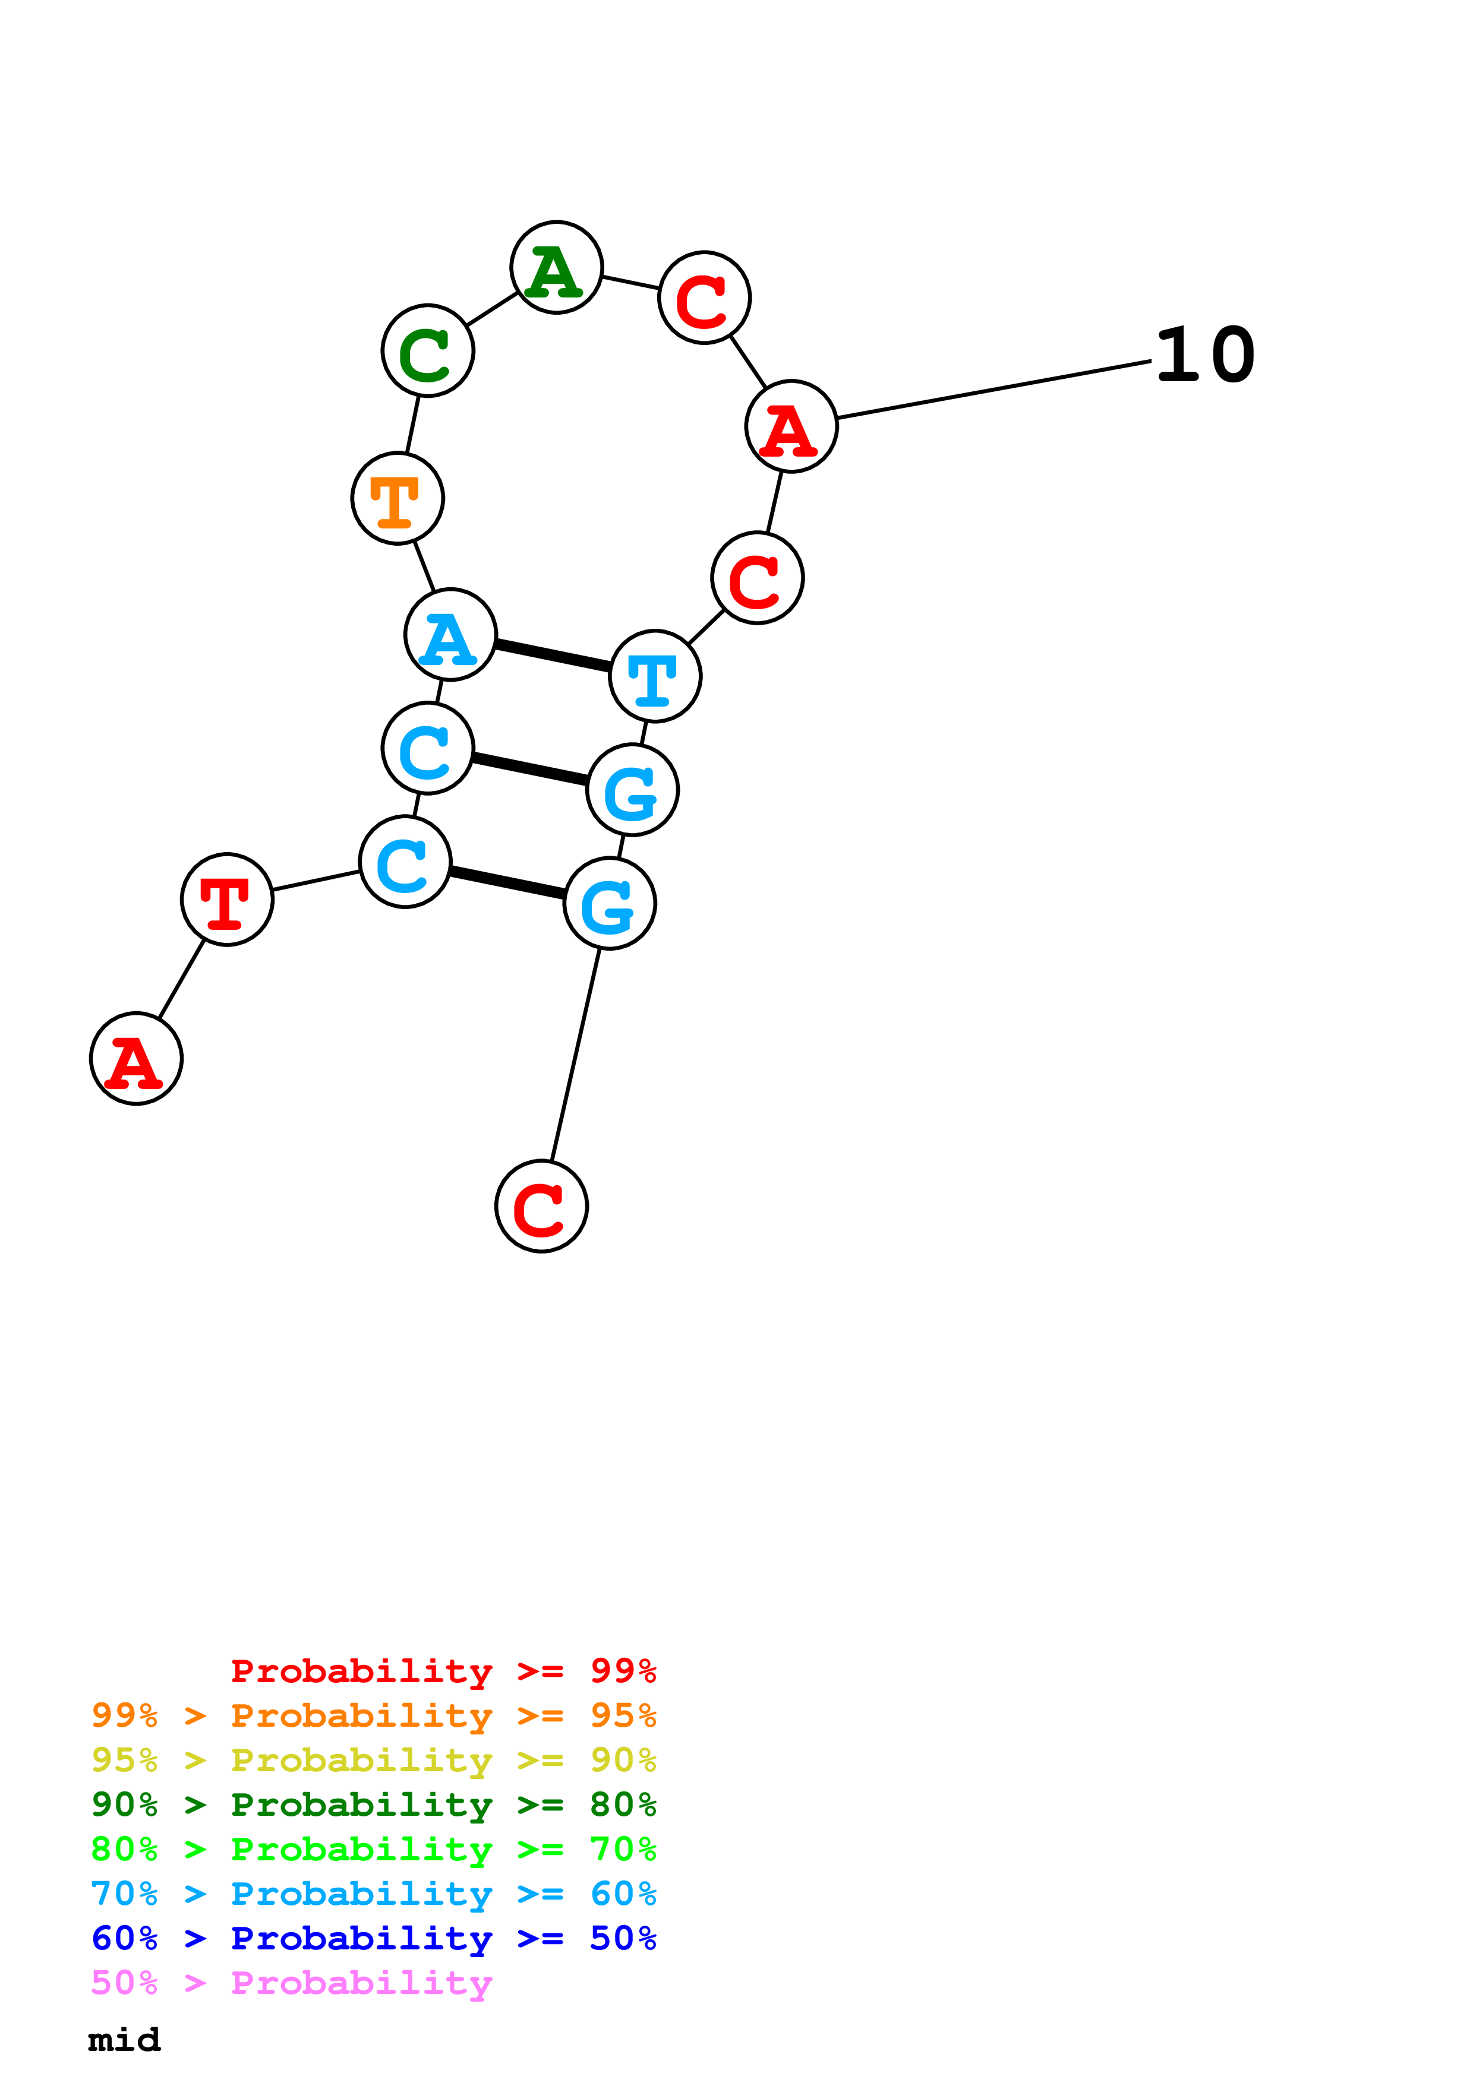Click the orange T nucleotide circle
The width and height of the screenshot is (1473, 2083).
(x=398, y=498)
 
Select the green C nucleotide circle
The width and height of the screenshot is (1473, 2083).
(x=427, y=350)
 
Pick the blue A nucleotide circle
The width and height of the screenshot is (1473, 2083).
(x=450, y=634)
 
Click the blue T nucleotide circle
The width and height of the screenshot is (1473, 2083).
(x=655, y=676)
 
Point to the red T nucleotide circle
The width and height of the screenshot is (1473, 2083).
(x=227, y=899)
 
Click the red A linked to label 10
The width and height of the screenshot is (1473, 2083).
(x=791, y=426)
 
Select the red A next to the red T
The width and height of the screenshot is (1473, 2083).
(x=136, y=1058)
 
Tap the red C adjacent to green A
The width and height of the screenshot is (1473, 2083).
(x=704, y=297)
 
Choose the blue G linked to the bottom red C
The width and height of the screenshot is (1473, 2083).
(x=610, y=904)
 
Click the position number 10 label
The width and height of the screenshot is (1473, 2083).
(x=1205, y=356)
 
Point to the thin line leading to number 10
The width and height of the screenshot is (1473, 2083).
(x=994, y=390)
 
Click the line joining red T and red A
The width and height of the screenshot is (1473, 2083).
(x=181, y=979)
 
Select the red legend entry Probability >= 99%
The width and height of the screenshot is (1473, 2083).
(x=443, y=1671)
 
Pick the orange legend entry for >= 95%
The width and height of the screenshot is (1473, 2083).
(x=374, y=1715)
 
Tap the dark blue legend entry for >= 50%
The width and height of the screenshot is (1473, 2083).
(x=374, y=1938)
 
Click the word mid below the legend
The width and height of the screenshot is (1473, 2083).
(x=124, y=2040)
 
